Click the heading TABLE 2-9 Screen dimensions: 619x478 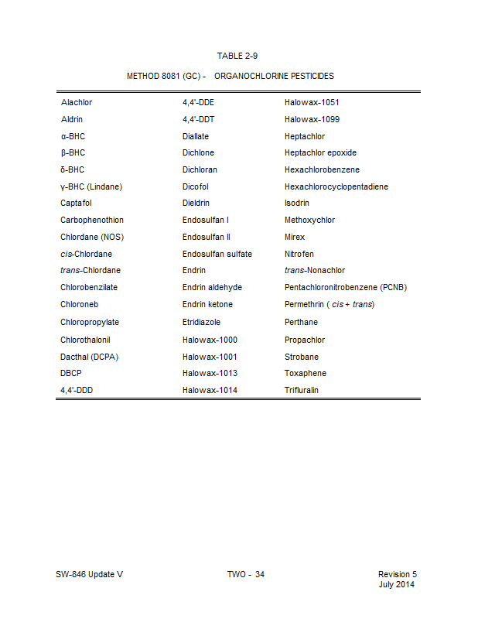point(237,56)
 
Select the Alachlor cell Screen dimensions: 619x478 point(77,102)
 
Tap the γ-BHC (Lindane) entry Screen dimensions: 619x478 point(91,186)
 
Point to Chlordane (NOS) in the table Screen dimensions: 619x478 point(91,237)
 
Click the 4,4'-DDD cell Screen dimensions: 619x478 point(77,390)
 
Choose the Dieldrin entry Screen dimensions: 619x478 point(196,203)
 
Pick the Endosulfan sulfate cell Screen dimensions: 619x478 point(217,254)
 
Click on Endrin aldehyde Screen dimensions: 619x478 point(212,287)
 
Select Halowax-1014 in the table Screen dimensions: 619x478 point(210,390)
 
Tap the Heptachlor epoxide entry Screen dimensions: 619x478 point(320,152)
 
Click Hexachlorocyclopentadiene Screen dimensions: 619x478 point(336,186)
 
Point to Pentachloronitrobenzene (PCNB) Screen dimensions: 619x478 point(345,287)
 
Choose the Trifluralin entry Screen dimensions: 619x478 point(301,390)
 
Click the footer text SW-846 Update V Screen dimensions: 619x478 point(89,574)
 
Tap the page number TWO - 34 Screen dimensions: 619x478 point(245,574)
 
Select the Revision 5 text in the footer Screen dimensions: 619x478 point(397,574)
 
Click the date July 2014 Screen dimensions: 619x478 point(397,584)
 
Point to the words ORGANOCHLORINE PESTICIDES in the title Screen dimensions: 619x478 point(274,77)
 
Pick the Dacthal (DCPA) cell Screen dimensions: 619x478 point(89,357)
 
